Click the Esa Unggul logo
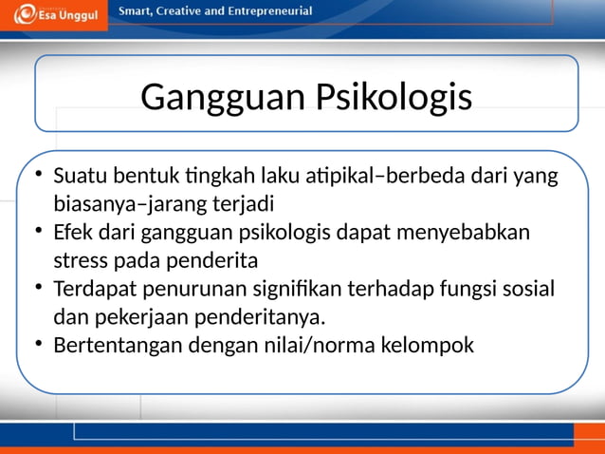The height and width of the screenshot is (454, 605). tap(53, 14)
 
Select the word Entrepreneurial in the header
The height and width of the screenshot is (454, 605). tap(266, 11)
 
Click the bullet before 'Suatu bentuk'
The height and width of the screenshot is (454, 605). tap(37, 176)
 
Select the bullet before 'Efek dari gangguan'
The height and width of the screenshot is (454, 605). tap(37, 232)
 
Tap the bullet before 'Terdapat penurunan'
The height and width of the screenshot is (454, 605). tap(37, 288)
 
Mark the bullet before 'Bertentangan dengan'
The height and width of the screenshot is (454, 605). tap(37, 344)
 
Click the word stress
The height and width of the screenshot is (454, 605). tap(79, 260)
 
